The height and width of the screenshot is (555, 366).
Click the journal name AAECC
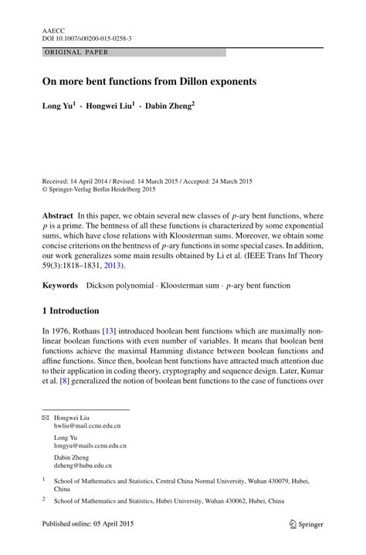(53, 28)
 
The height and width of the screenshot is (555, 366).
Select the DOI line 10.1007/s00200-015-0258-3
(86, 37)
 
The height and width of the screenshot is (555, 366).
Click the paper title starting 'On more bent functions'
(149, 81)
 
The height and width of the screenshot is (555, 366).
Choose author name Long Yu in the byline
(59, 105)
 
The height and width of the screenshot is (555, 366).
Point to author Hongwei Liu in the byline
(110, 105)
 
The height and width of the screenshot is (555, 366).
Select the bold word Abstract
(58, 214)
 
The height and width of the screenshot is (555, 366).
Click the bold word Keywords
(59, 286)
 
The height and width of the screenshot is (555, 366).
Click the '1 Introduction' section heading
(70, 311)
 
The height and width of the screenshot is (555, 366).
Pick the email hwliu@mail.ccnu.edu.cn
(86, 425)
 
